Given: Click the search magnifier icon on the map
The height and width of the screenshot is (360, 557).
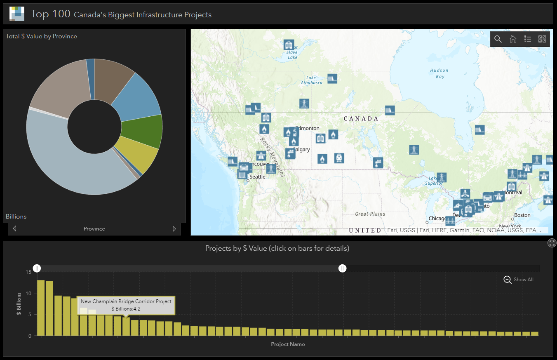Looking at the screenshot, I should (498, 39).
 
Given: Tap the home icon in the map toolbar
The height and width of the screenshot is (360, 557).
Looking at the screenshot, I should (513, 39).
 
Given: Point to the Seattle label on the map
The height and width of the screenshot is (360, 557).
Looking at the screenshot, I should (257, 177).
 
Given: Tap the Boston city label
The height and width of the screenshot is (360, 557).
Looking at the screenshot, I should (522, 215).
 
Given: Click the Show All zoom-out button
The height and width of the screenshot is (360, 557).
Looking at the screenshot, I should (519, 280).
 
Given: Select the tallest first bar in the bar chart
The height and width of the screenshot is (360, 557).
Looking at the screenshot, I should (41, 308).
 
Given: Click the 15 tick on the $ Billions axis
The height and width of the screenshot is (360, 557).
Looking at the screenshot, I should (28, 272).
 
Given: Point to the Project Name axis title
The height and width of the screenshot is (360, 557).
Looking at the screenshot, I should (288, 344).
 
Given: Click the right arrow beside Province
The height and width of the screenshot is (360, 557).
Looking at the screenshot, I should (174, 229).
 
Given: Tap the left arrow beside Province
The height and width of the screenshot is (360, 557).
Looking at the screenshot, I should (15, 229).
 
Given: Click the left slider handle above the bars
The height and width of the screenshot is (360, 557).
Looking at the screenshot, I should (37, 268).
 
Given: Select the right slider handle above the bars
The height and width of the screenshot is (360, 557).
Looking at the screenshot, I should (342, 268).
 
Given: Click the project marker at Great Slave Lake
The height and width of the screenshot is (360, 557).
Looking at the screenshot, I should (289, 44).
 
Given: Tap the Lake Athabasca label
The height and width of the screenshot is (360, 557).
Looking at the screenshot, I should (311, 80).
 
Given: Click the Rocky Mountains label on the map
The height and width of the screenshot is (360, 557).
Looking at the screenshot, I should (272, 157).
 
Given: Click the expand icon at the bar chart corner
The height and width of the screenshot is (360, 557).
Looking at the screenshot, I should (552, 243).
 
